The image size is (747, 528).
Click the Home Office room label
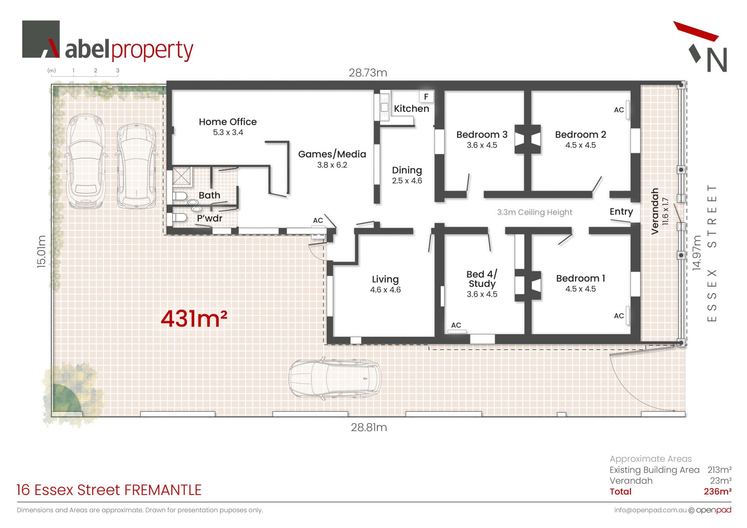[228, 122]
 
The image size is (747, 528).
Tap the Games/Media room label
[332, 154]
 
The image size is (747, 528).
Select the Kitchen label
[411, 108]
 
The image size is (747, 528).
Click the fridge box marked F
[426, 96]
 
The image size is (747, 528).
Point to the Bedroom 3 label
[482, 135]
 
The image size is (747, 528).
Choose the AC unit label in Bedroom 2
[619, 110]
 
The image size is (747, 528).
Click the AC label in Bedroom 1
[619, 316]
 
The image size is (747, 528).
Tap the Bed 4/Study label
[482, 279]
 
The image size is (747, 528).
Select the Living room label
[385, 279]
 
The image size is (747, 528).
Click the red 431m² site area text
[194, 318]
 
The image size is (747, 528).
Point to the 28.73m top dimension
[368, 73]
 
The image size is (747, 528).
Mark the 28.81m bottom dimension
[369, 427]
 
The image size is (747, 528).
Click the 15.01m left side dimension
[41, 251]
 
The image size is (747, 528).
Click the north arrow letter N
[717, 60]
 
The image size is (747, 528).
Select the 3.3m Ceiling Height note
[535, 212]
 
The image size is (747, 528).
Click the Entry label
[621, 212]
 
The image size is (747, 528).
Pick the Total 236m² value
[717, 491]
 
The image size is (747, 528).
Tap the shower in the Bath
[182, 176]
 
